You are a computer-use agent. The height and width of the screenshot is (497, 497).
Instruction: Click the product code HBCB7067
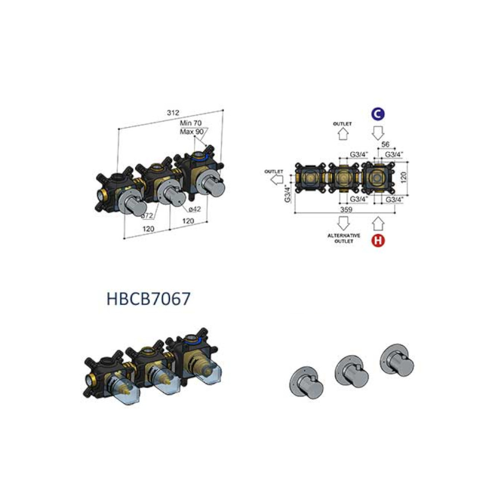[148, 299]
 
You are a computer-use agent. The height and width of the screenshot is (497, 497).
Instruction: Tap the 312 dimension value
[173, 112]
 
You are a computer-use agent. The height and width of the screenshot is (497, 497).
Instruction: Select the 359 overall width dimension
[346, 209]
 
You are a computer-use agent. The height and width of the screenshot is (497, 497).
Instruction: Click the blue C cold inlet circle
[378, 114]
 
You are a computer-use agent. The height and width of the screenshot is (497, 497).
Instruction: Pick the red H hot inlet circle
[378, 240]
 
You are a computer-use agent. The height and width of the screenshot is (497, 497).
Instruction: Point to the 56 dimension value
[385, 144]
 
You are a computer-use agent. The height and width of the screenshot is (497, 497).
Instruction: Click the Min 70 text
[190, 123]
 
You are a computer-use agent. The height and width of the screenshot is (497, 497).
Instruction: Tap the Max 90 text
[191, 131]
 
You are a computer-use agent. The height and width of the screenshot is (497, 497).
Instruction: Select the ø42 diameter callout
[194, 209]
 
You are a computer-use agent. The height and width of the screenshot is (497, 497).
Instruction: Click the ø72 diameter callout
[147, 216]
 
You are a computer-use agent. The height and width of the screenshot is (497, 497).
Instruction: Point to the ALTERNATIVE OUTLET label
[343, 239]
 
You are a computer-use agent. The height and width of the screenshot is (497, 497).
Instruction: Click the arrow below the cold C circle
[378, 133]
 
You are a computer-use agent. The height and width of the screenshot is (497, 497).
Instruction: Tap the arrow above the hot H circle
[378, 224]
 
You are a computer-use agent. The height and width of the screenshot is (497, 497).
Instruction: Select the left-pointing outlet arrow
[277, 180]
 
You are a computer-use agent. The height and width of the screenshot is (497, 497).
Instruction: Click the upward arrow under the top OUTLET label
[343, 134]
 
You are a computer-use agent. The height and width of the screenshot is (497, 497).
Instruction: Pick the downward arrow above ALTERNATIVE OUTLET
[343, 223]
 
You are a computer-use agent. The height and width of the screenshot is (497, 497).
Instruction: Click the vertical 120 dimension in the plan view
[403, 177]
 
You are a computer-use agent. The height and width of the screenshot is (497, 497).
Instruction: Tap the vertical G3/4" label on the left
[287, 193]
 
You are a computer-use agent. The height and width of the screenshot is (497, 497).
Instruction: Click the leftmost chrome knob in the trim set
[306, 383]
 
